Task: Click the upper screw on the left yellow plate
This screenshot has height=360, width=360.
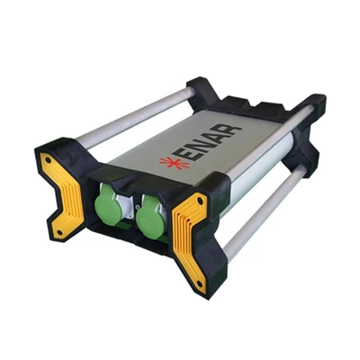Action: (48, 159)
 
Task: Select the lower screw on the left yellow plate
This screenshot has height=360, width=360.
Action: (59, 231)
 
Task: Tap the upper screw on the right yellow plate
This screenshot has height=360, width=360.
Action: (198, 199)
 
